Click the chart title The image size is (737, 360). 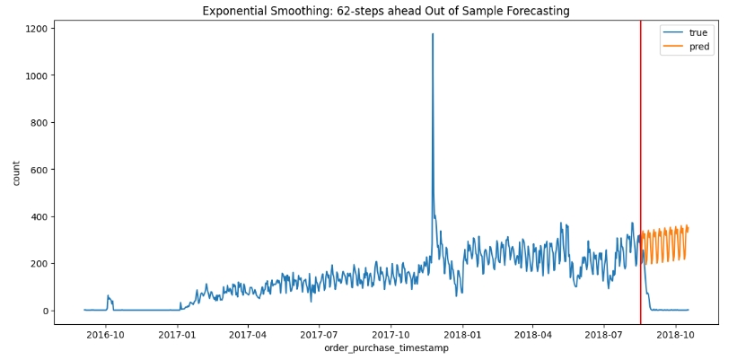(385, 11)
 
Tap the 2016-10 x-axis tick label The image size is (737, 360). (106, 335)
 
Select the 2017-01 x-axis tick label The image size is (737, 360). (178, 335)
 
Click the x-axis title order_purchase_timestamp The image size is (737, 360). (385, 348)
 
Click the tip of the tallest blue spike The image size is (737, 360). (433, 35)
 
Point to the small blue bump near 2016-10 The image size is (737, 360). (109, 297)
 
